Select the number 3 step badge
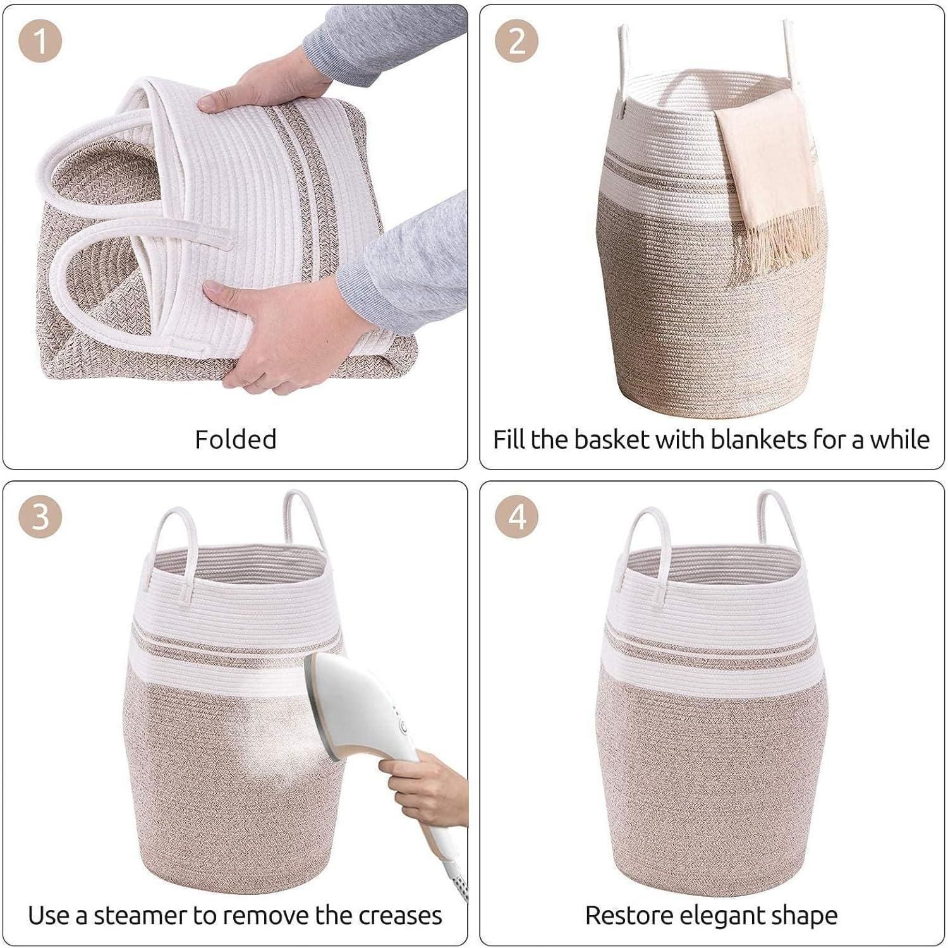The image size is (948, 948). click(x=40, y=516)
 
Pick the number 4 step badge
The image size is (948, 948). click(x=516, y=516)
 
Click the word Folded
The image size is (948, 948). click(x=236, y=439)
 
